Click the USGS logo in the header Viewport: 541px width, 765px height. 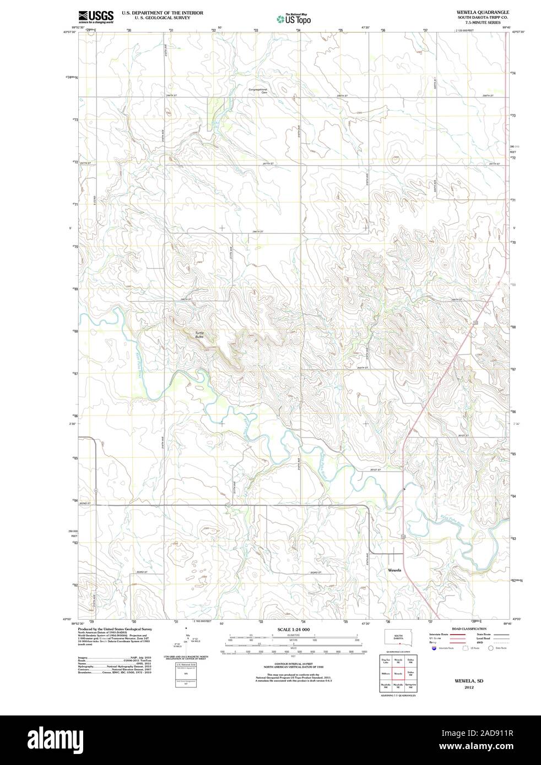[x=96, y=17]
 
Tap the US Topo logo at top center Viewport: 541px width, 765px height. [x=294, y=19]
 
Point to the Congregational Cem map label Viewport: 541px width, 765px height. [x=258, y=91]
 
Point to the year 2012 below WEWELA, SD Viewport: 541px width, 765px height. [x=469, y=687]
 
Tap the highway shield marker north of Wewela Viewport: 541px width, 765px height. [x=403, y=535]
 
